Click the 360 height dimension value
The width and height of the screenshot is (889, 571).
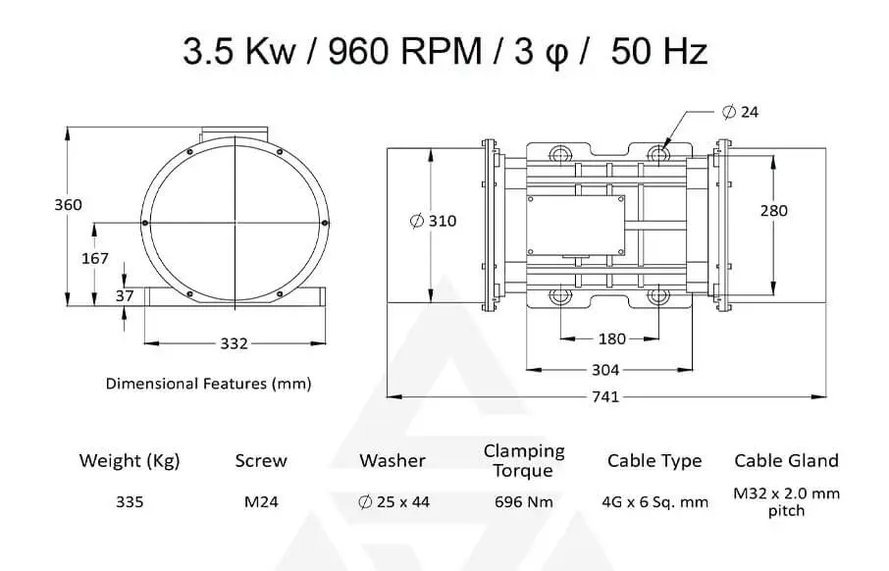pos(68,205)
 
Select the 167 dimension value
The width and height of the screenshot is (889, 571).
pos(94,259)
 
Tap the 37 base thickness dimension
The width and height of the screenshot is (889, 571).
pos(125,295)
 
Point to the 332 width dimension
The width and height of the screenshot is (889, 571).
pos(235,343)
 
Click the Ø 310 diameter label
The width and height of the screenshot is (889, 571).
pos(433,221)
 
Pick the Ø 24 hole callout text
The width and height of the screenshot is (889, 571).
pos(741,112)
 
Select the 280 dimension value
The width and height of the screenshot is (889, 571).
pos(774,211)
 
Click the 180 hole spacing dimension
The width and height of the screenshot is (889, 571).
pos(612,339)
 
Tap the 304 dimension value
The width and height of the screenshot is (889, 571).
pos(605,370)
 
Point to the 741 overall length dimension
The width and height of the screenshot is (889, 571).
pos(605,396)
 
